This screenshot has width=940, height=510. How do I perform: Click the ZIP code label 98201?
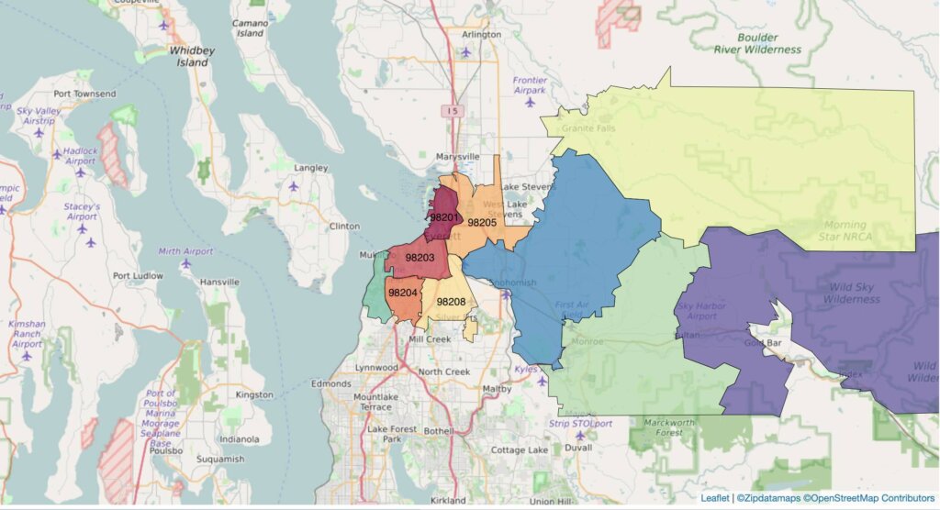444,217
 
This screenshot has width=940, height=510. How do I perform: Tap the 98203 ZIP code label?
420,258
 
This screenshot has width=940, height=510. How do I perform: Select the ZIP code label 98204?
403,293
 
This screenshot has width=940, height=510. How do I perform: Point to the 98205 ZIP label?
482,222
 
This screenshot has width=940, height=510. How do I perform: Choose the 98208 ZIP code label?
451,302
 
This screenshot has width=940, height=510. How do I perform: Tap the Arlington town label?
482,35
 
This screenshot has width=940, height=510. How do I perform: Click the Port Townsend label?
84,94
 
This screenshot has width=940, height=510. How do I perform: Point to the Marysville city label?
456,157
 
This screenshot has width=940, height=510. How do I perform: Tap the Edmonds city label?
330,383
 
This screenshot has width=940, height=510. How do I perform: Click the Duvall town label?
579,449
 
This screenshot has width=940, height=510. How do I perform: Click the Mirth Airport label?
185,250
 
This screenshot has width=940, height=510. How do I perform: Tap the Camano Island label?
250,28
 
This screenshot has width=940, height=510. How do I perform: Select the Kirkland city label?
447,501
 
